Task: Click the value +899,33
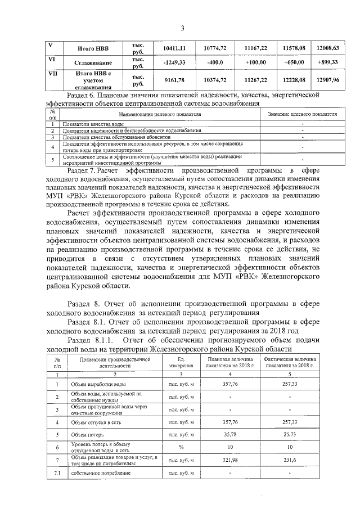(327, 62)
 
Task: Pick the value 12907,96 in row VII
(327, 80)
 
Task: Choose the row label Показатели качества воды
(93, 123)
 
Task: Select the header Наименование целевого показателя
(159, 114)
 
